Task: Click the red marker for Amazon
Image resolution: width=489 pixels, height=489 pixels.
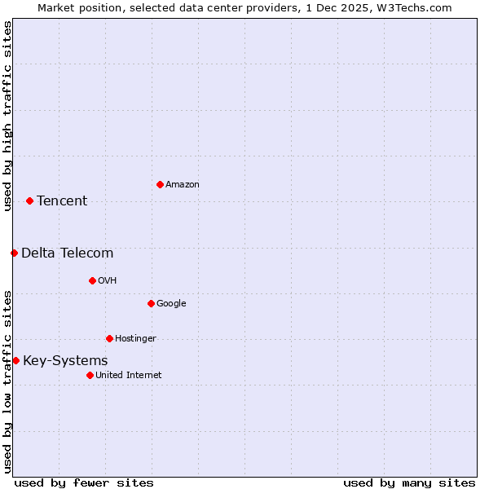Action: coord(160,184)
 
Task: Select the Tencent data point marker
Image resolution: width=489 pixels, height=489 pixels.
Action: coord(29,200)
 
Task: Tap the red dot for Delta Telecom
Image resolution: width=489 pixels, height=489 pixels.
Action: coord(14,253)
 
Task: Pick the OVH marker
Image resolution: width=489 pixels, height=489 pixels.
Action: coord(92,280)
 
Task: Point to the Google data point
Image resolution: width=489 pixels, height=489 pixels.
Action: coord(151,303)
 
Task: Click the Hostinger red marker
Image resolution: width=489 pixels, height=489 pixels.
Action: coord(109,338)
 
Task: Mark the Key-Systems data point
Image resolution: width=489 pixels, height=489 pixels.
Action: coord(15,360)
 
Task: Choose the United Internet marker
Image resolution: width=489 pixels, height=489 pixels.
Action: coord(90,375)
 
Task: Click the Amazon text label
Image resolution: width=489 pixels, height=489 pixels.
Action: coord(183,185)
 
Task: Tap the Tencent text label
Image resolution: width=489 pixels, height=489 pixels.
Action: coord(62,201)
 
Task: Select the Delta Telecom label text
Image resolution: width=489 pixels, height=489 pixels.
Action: coord(68,253)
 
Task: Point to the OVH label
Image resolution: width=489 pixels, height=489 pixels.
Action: coord(108,281)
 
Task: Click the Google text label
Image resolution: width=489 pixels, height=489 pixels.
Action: coord(171,304)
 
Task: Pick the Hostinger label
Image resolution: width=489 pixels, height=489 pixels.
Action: coord(135,339)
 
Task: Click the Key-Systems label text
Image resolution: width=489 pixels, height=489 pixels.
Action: coord(65,361)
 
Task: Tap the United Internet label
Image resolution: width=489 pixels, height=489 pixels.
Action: coord(129,376)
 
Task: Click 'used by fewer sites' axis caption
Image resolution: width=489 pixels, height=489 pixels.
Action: coord(84,482)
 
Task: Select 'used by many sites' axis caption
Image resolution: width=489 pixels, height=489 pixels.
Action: coord(409,482)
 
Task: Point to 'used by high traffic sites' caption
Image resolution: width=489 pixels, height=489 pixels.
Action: coord(7,116)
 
